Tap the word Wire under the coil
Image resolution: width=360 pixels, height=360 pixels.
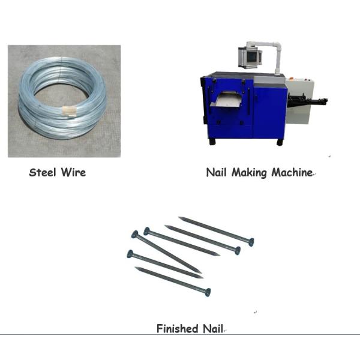[x=73, y=173]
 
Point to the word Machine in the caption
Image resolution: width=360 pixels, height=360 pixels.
[x=291, y=173]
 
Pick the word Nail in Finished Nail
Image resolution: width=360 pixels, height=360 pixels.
[x=213, y=328]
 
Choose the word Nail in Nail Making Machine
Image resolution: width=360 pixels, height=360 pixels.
[x=216, y=173]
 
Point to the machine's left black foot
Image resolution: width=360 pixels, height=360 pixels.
[x=212, y=141]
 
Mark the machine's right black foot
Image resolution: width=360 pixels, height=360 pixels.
[x=280, y=142]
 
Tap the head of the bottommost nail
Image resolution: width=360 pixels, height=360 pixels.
[x=208, y=292]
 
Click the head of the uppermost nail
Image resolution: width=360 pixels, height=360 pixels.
[x=251, y=241]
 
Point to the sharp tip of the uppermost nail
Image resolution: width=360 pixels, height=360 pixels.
[x=180, y=218]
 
